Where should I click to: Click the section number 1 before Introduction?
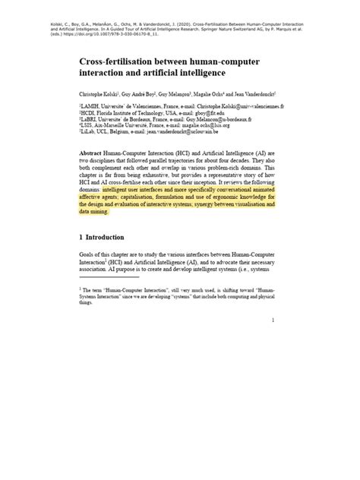[81, 237]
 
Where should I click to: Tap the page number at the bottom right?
[271, 321]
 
